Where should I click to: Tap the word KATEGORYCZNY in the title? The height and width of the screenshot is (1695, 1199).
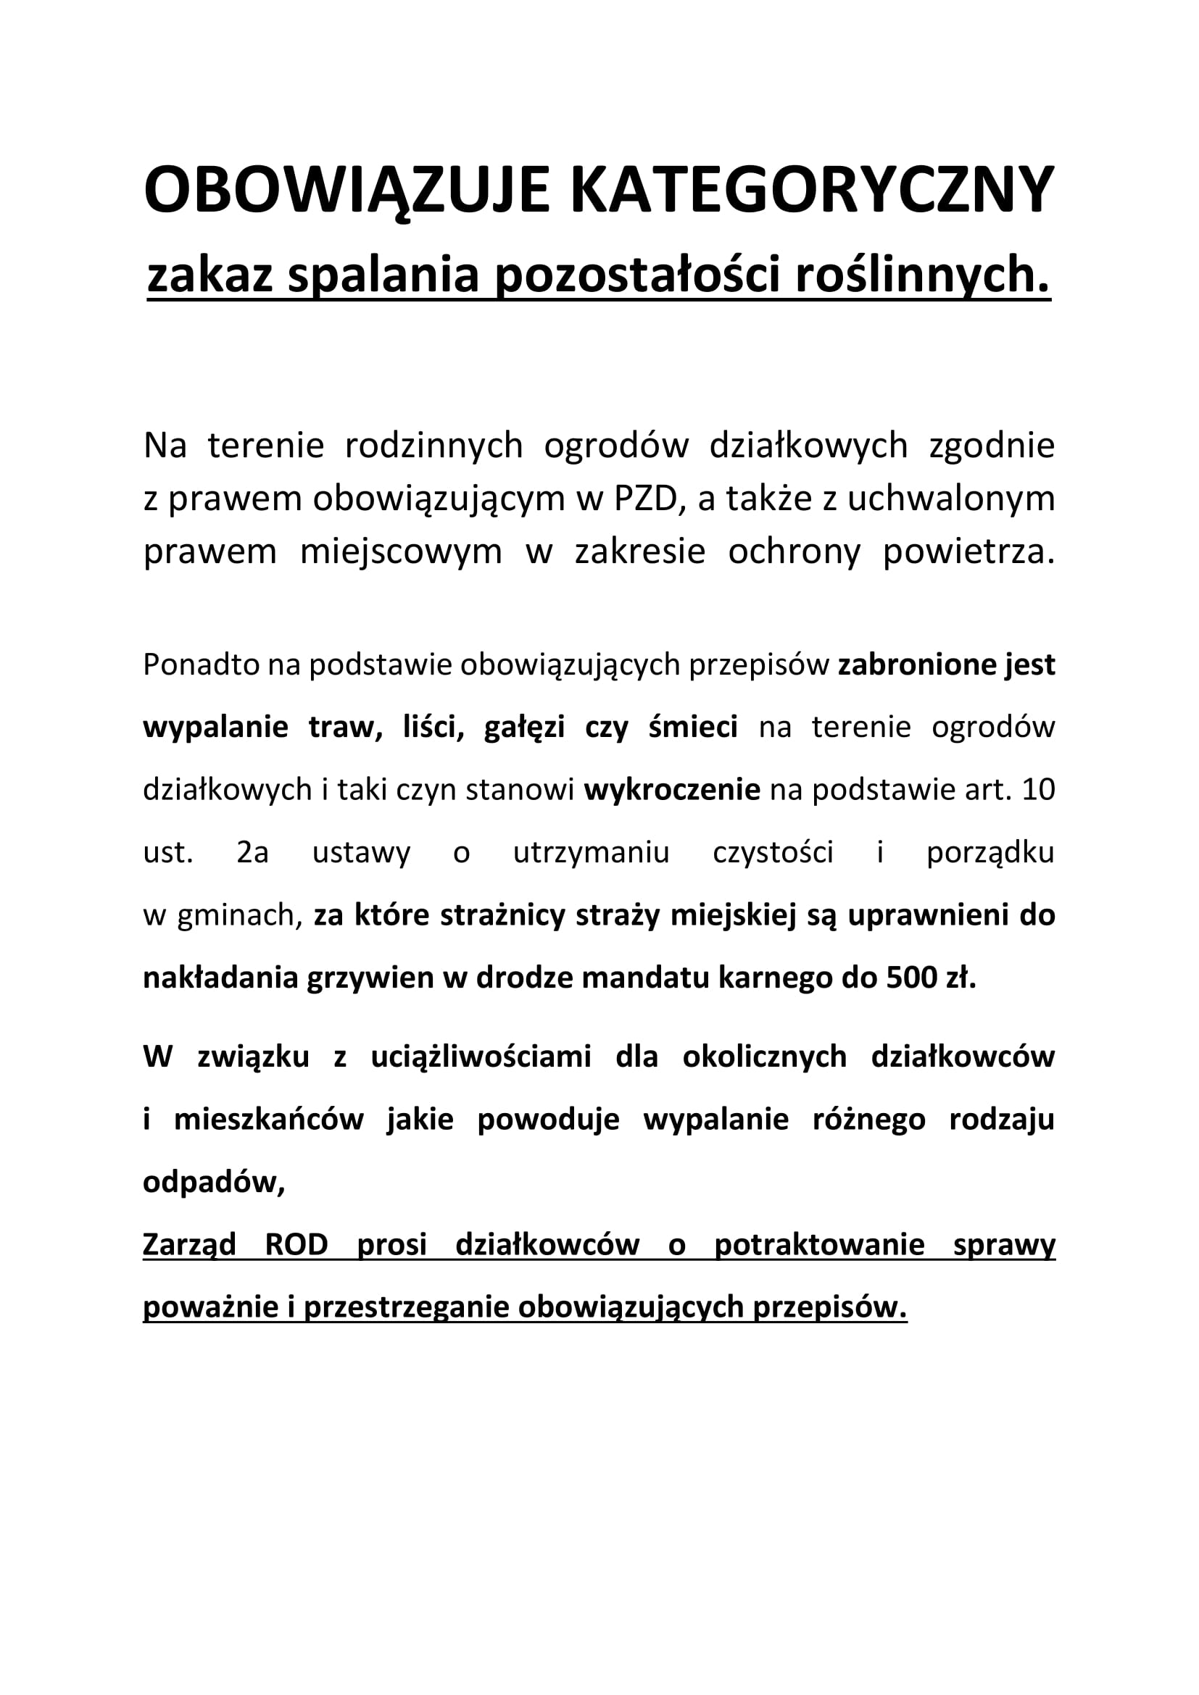pyautogui.click(x=812, y=190)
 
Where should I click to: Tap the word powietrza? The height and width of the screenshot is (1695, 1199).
pyautogui.click(x=968, y=551)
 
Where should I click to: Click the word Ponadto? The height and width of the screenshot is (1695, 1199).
pyautogui.click(x=200, y=665)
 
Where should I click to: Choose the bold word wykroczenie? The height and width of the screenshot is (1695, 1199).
pyautogui.click(x=672, y=790)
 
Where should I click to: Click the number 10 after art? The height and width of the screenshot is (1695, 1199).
pyautogui.click(x=1039, y=790)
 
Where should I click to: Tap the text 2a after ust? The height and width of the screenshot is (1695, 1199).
pyautogui.click(x=252, y=853)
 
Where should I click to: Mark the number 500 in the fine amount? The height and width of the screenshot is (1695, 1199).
pyautogui.click(x=913, y=978)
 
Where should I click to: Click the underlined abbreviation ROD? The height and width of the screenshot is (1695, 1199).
pyautogui.click(x=296, y=1245)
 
